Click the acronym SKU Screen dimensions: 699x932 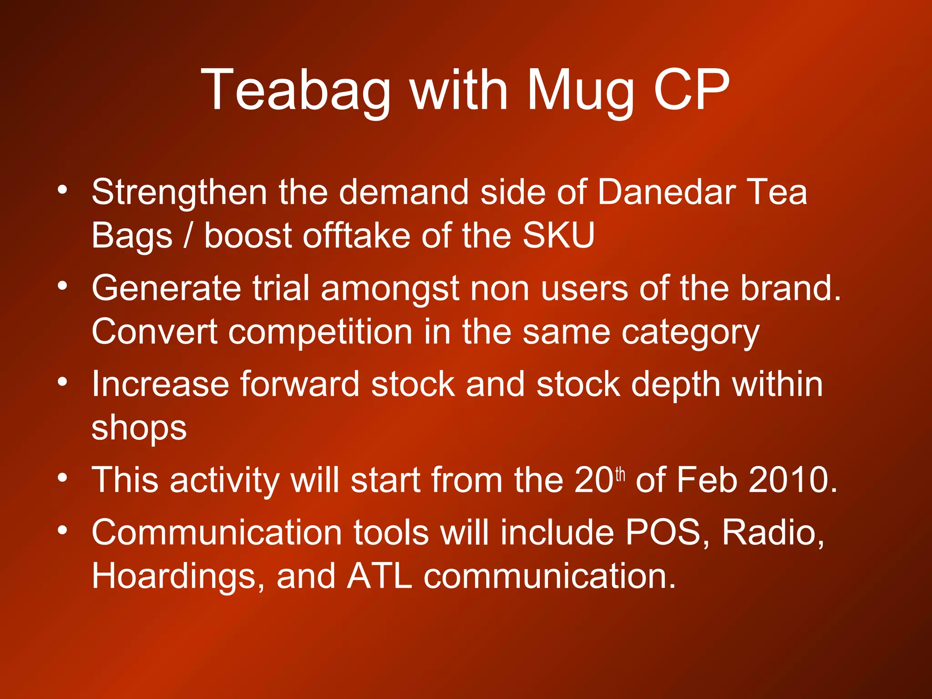pyautogui.click(x=558, y=235)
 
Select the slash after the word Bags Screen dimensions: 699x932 pyautogui.click(x=187, y=236)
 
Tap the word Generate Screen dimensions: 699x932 pyautogui.click(x=166, y=289)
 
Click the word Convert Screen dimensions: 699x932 pyautogui.click(x=154, y=332)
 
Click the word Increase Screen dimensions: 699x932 pyautogui.click(x=160, y=385)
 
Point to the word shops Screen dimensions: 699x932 pyautogui.click(x=139, y=429)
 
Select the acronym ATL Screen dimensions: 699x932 pyautogui.click(x=380, y=576)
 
